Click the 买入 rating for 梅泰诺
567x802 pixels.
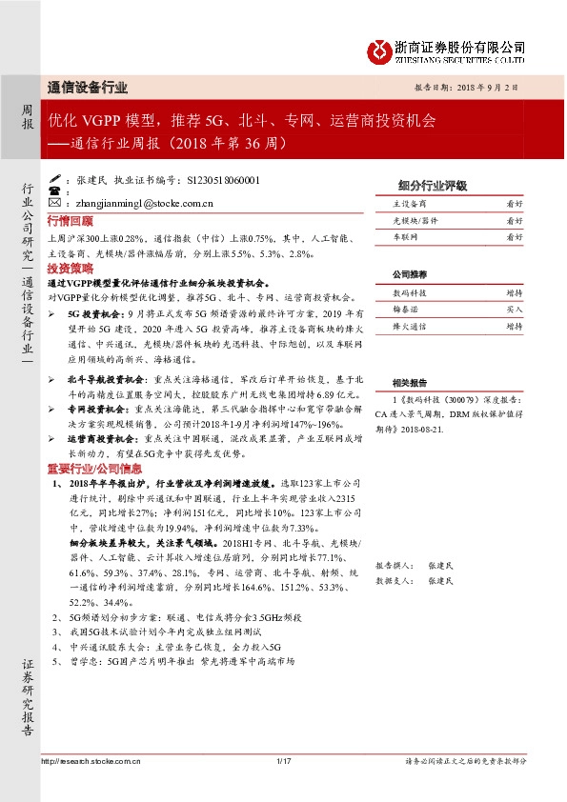(514, 311)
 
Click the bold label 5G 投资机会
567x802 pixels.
(91, 312)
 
